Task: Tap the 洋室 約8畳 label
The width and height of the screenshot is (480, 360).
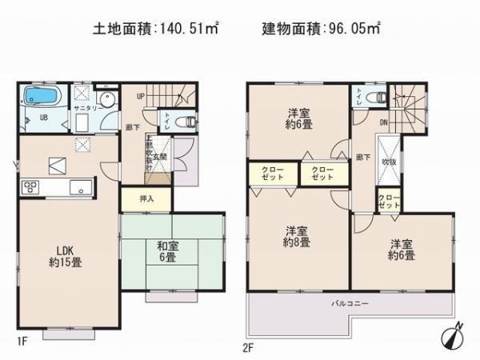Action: pyautogui.click(x=298, y=238)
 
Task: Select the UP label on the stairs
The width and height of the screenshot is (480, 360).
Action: pyautogui.click(x=142, y=95)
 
